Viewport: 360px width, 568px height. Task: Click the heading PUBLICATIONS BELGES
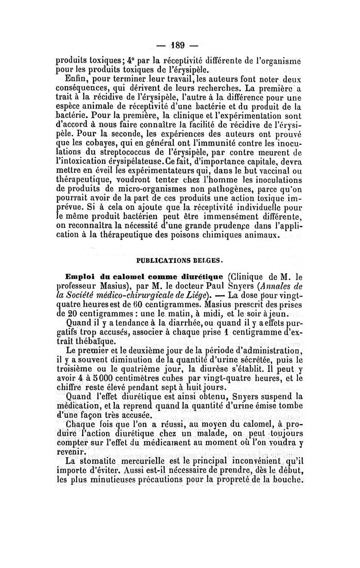click(x=180, y=260)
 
